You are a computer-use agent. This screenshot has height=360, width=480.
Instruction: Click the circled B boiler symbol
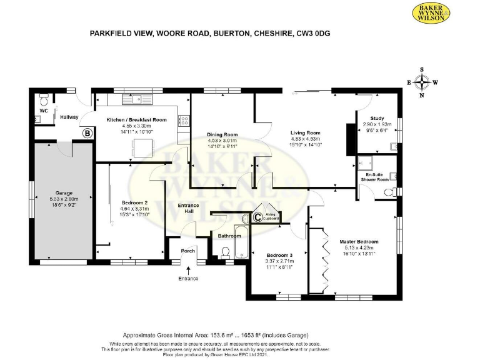[87, 132]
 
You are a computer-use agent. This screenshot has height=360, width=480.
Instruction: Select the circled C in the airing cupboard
[257, 217]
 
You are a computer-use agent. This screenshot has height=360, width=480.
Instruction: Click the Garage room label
[63, 193]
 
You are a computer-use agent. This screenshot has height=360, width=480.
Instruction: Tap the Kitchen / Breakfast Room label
[136, 119]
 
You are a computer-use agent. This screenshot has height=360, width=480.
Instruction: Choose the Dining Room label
[222, 134]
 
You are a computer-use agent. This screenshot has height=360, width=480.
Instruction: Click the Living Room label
[305, 132]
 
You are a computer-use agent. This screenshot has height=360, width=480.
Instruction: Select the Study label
[376, 118]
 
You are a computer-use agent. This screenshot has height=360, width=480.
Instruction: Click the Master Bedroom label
[359, 241]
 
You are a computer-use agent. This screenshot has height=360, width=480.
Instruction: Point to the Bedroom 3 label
[279, 255]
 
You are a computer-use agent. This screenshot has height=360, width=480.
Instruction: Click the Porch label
[188, 251]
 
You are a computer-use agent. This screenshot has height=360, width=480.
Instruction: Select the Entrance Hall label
[188, 208]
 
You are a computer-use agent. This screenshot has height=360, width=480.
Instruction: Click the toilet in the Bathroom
[226, 252]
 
